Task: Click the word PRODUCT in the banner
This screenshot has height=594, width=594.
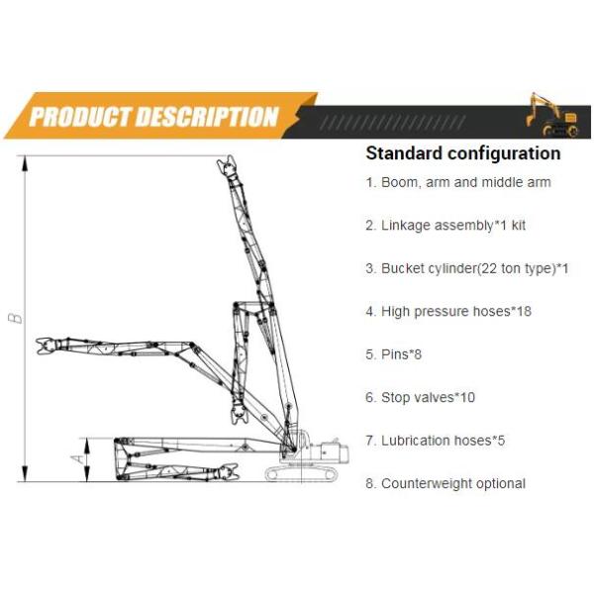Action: (x=85, y=117)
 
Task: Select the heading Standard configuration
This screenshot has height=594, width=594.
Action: (x=462, y=153)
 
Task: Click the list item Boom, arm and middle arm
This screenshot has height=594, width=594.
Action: (x=458, y=182)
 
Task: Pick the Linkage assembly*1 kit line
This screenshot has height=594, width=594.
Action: (x=445, y=226)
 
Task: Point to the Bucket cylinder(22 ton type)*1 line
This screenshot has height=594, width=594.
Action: (x=467, y=268)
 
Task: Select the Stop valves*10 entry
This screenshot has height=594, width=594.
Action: (x=421, y=397)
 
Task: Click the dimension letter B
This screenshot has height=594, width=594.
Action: (x=14, y=318)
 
